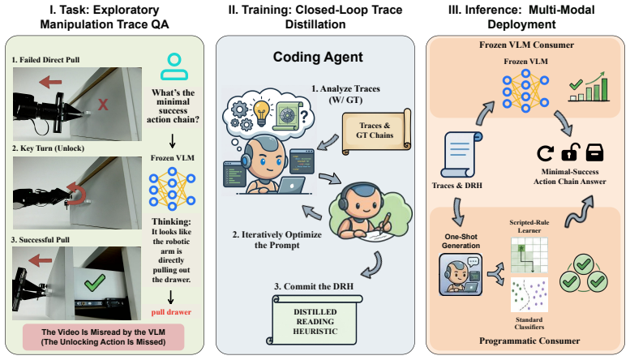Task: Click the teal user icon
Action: (x=174, y=66)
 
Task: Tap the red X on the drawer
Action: (x=103, y=105)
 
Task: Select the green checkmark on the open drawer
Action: (x=95, y=283)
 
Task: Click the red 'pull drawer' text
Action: (x=171, y=312)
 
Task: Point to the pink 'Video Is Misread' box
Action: (x=104, y=337)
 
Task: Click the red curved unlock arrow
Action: (x=75, y=194)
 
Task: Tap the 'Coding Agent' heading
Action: (x=318, y=57)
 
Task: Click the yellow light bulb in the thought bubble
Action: (x=262, y=114)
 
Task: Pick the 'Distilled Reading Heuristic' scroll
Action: (x=315, y=320)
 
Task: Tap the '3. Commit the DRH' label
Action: (x=314, y=286)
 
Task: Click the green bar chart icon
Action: (x=589, y=87)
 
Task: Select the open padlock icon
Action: (x=571, y=152)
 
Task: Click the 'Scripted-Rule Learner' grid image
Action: (x=529, y=255)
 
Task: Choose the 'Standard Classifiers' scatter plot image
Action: (x=529, y=294)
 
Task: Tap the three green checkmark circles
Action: (x=584, y=274)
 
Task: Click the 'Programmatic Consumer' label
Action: (x=529, y=341)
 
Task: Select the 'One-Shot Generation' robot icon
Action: (x=461, y=274)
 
